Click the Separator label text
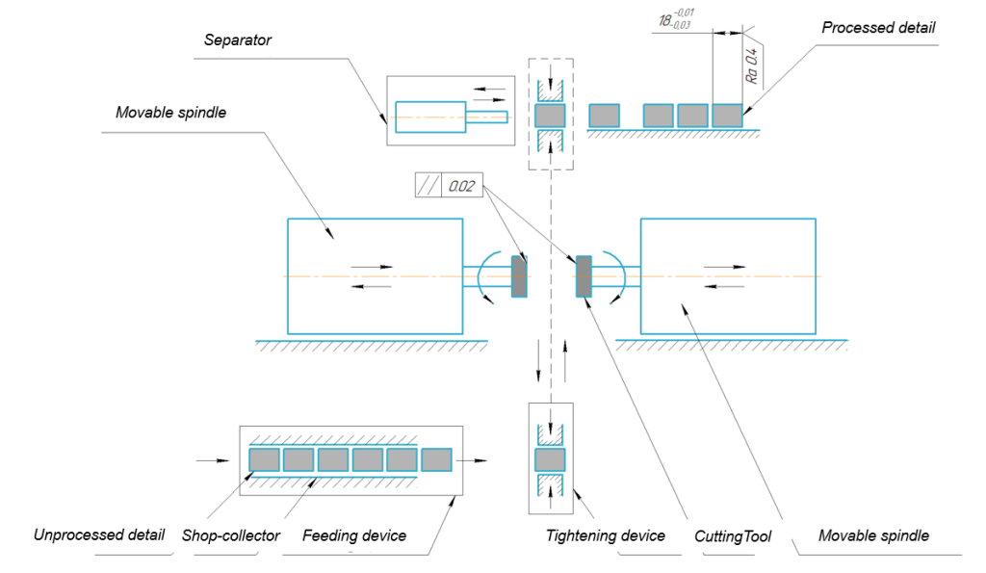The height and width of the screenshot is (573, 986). click(x=238, y=40)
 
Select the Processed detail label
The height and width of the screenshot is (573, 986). click(x=878, y=28)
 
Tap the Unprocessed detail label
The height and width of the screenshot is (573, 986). click(x=99, y=535)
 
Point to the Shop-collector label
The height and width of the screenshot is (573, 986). click(x=231, y=535)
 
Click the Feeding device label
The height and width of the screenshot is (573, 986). click(x=354, y=535)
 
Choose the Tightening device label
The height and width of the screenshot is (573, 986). click(x=606, y=535)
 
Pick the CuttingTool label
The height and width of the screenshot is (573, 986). click(x=733, y=535)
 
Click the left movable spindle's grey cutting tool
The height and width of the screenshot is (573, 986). click(x=519, y=277)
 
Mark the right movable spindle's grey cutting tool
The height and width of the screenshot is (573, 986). click(x=583, y=277)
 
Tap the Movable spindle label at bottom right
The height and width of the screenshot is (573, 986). click(x=873, y=535)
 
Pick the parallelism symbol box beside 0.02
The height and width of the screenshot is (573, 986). click(x=428, y=186)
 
